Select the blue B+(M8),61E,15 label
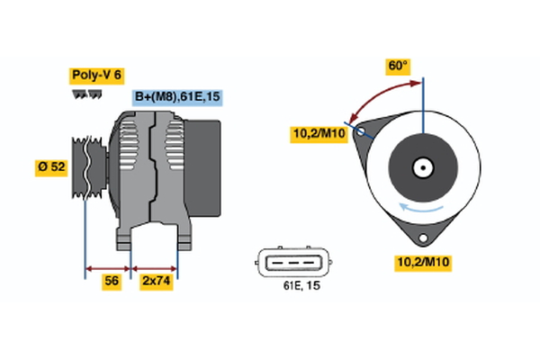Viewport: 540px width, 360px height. pos(176,97)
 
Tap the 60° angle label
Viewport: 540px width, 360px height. pos(397,66)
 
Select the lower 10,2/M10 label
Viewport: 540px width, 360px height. pos(422,262)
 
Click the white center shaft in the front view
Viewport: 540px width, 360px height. pos(422,166)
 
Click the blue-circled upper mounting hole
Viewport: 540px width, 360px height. pos(362,131)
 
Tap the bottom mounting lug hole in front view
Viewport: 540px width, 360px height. pos(422,236)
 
